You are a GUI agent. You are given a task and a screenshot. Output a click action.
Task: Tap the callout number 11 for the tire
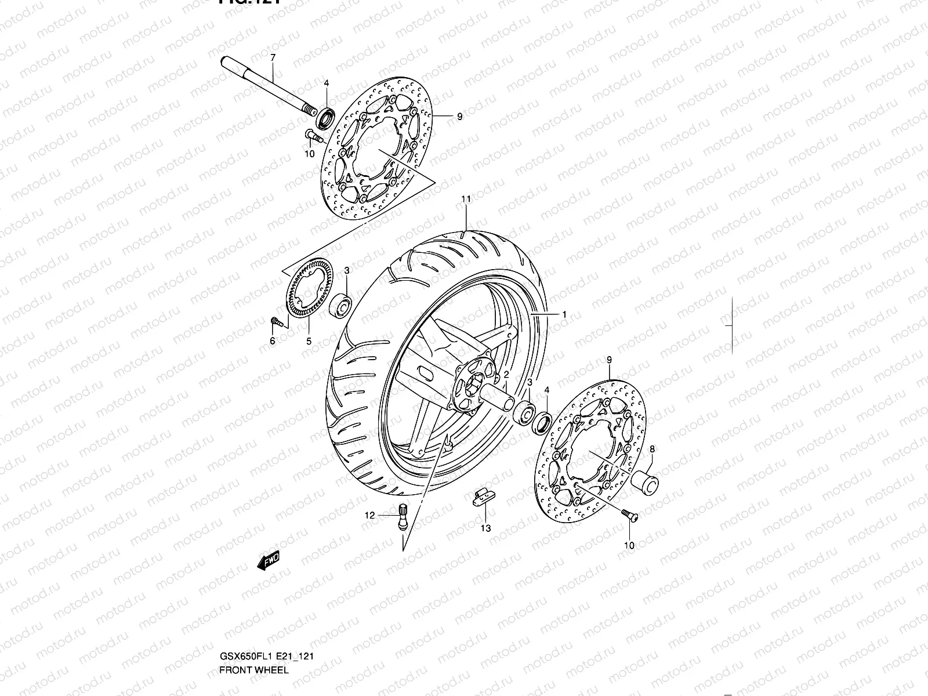point(465,199)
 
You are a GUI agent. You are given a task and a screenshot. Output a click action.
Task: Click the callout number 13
point(485,528)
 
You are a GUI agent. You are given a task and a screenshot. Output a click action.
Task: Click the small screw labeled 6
point(277,321)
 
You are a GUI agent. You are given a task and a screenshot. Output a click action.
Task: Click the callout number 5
point(309,342)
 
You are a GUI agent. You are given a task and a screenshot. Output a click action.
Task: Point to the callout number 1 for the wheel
point(564,314)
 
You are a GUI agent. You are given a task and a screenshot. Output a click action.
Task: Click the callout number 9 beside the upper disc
point(459,117)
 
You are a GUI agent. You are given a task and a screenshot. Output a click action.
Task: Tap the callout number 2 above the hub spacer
point(506,375)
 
